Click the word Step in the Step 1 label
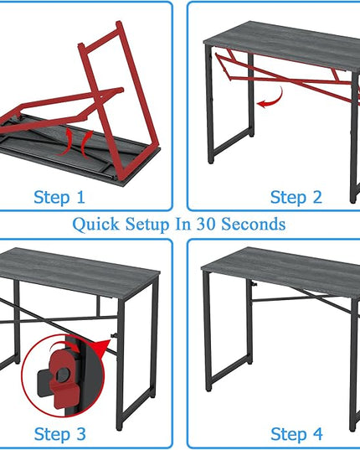click(x=52, y=198)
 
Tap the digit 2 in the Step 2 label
click(x=317, y=197)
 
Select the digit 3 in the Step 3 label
click(x=81, y=433)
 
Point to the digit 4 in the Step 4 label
click(x=317, y=433)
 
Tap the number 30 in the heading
click(x=206, y=224)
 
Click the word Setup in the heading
click(x=147, y=225)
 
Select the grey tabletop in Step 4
click(x=282, y=272)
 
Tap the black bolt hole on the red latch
click(x=63, y=375)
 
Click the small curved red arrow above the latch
click(x=64, y=347)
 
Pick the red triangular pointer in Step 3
click(x=103, y=348)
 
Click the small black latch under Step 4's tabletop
click(x=254, y=284)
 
